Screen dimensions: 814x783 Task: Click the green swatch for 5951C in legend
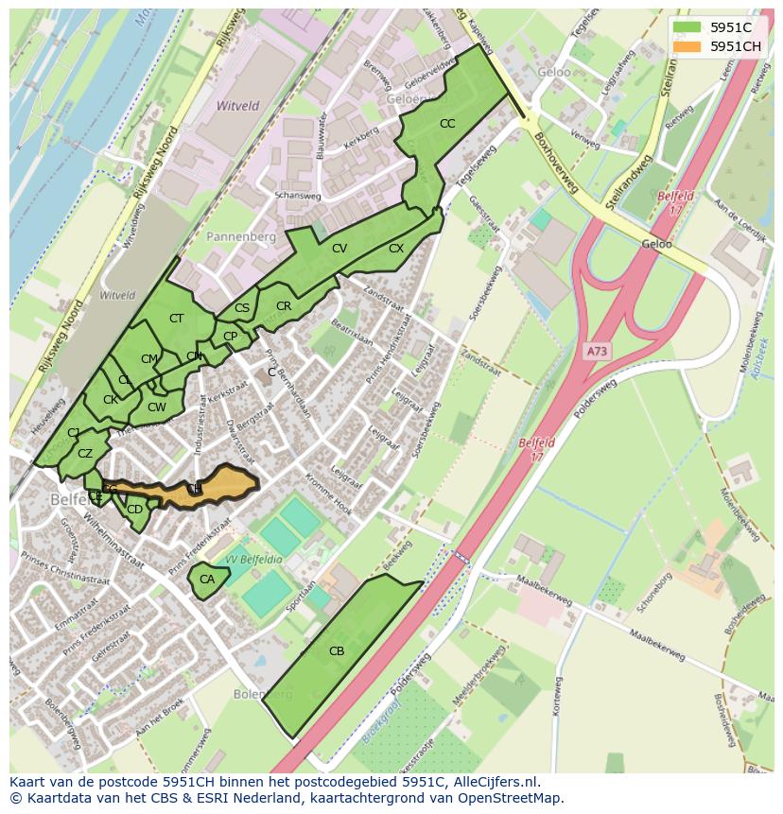687,27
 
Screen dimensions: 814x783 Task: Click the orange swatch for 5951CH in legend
687,46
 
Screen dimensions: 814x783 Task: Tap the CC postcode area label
447,124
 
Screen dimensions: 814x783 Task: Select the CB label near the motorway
337,650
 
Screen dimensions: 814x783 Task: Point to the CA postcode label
207,580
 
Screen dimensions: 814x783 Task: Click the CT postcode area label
176,319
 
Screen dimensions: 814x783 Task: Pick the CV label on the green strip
339,249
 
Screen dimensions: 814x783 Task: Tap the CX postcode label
396,249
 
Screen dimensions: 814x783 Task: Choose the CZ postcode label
85,454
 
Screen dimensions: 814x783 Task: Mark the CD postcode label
134,510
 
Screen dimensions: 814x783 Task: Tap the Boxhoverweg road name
553,156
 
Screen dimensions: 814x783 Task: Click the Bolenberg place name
263,694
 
